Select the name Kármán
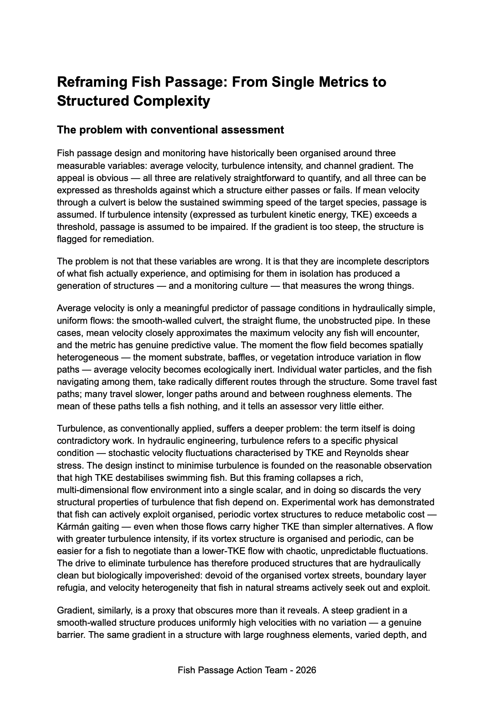71,527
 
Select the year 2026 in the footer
306,670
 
